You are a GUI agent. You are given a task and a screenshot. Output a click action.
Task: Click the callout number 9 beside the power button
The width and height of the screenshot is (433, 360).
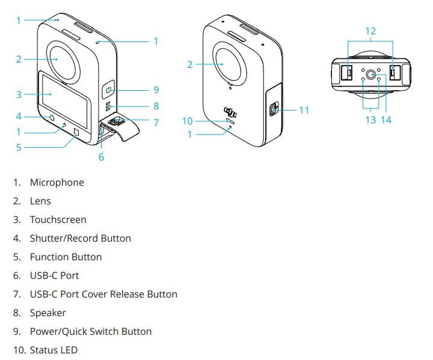156,90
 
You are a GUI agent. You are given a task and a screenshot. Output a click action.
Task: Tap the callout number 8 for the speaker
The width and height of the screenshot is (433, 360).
156,106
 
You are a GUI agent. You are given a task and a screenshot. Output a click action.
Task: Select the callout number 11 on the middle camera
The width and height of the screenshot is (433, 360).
303,110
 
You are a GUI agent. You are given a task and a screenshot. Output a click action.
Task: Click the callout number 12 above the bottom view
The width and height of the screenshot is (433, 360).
370,30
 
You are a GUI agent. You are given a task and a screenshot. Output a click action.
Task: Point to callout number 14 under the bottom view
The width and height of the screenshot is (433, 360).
386,120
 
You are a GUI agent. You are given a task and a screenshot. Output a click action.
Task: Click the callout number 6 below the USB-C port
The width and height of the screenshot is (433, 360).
101,157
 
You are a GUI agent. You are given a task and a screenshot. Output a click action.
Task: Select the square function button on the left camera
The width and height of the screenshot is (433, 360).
76,133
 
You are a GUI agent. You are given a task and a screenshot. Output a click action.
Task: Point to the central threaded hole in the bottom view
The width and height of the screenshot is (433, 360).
370,75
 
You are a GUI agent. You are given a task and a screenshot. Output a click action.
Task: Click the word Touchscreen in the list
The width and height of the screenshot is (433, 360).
58,219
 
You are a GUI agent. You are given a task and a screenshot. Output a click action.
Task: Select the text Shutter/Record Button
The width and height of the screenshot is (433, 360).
80,238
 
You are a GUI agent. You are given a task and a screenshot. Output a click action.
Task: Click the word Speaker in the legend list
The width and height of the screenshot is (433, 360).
48,313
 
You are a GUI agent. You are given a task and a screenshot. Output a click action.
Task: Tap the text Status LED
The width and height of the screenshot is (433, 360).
54,350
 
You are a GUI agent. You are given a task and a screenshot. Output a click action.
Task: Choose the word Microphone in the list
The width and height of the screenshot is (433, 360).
57,182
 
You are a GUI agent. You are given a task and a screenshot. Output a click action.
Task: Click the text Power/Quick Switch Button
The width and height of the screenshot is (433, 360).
90,331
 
